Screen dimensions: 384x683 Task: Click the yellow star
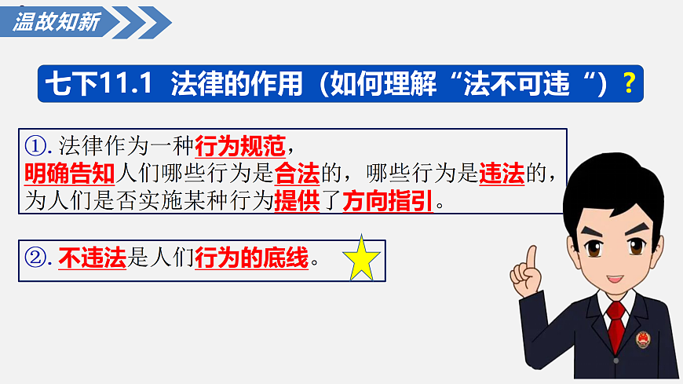[x=362, y=258]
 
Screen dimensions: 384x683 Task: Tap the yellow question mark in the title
[x=628, y=83]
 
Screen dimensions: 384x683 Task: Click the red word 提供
[x=296, y=201]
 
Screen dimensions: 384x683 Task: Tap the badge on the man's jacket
[x=643, y=338]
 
